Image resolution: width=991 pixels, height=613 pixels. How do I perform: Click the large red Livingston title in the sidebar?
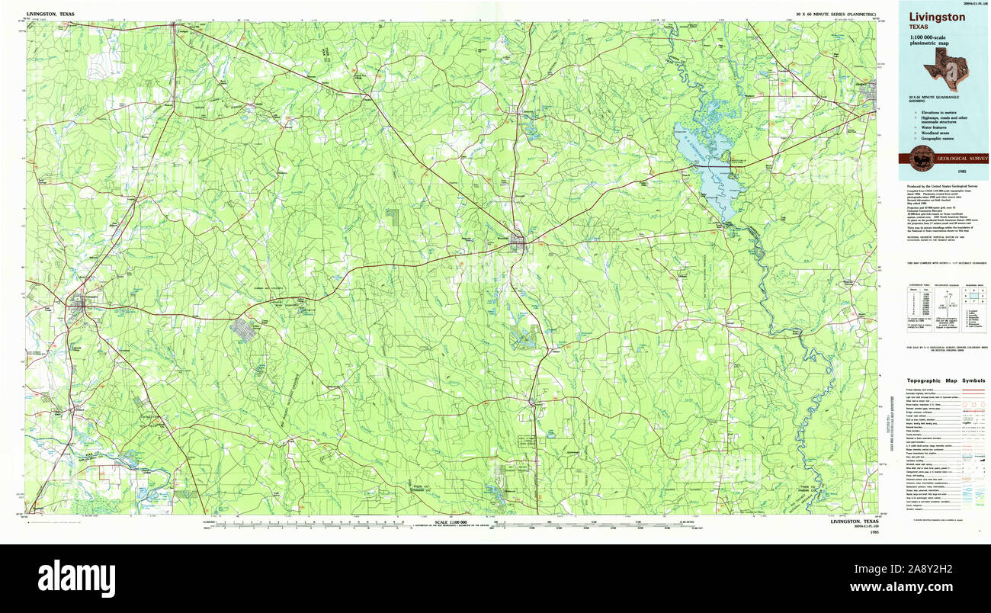tap(936, 17)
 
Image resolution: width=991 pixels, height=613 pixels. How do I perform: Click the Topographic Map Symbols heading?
tap(945, 380)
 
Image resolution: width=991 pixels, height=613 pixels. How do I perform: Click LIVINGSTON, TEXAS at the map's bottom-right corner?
tap(854, 522)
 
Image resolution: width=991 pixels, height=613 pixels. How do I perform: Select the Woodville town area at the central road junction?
tap(518, 242)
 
